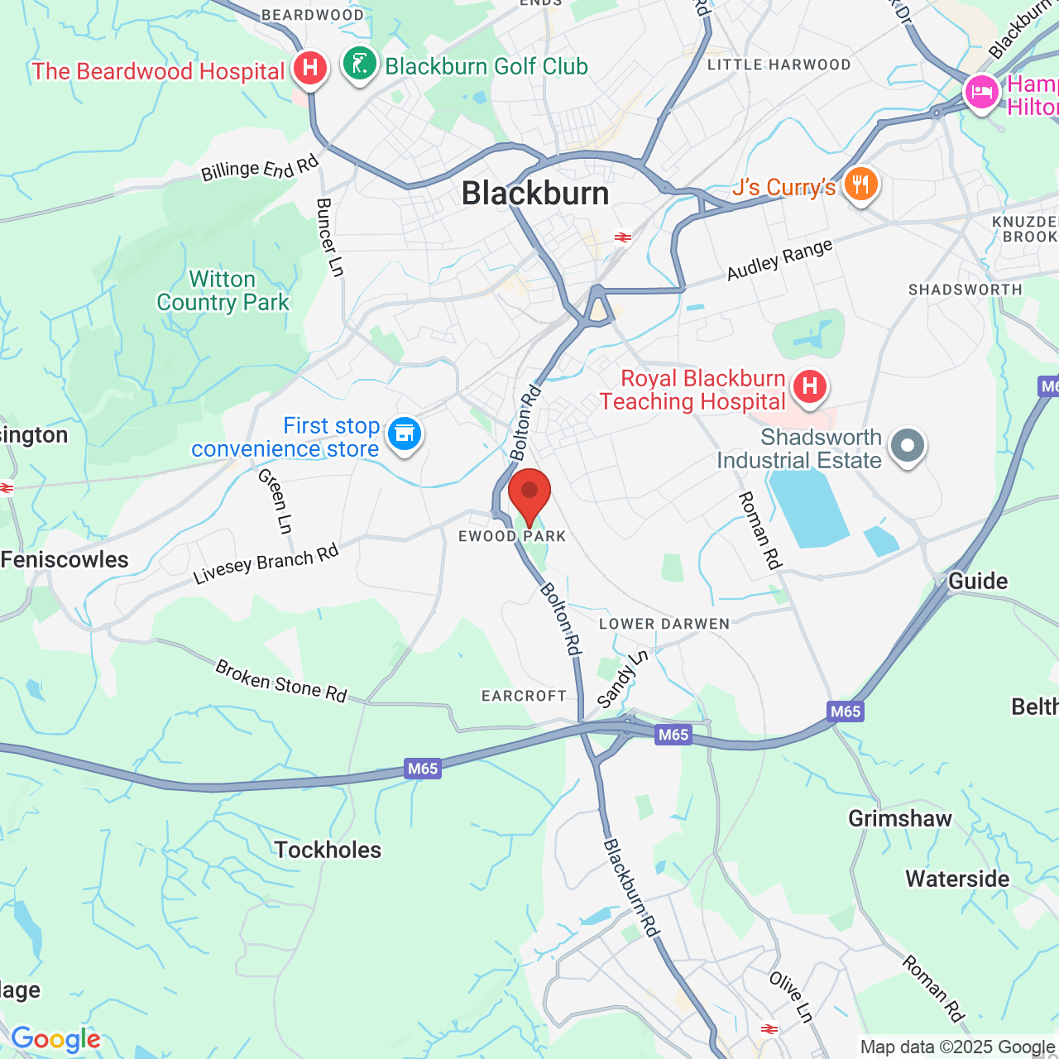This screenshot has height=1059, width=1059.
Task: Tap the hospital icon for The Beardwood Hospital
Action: [x=310, y=67]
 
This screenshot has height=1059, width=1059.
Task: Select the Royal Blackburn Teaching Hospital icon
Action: [x=809, y=386]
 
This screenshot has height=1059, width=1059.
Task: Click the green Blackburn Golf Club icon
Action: [x=360, y=63]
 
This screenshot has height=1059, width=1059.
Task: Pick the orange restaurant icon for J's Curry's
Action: [x=860, y=184]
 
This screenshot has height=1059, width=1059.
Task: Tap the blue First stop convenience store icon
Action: [x=405, y=433]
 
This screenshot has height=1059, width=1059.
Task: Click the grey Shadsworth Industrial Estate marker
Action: [x=908, y=445]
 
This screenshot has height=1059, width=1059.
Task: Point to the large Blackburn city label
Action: [x=535, y=194]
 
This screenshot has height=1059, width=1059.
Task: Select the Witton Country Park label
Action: [x=223, y=291]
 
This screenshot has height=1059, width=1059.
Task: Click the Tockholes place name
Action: [x=328, y=850]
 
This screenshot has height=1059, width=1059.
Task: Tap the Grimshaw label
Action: [x=900, y=819]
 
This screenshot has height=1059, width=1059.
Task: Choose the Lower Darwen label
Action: [x=664, y=624]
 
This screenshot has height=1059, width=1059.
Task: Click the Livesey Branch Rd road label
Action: [x=266, y=564]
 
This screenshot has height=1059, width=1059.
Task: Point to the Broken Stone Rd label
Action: [x=280, y=680]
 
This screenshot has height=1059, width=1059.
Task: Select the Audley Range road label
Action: [x=779, y=260]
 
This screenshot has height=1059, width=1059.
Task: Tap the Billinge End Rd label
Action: [x=260, y=169]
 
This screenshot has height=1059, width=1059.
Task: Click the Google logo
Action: [x=55, y=1039]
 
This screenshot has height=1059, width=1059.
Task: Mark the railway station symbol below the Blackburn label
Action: [x=623, y=237]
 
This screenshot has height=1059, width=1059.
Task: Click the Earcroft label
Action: [x=524, y=696]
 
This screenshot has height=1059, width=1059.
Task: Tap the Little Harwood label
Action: [x=779, y=65]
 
